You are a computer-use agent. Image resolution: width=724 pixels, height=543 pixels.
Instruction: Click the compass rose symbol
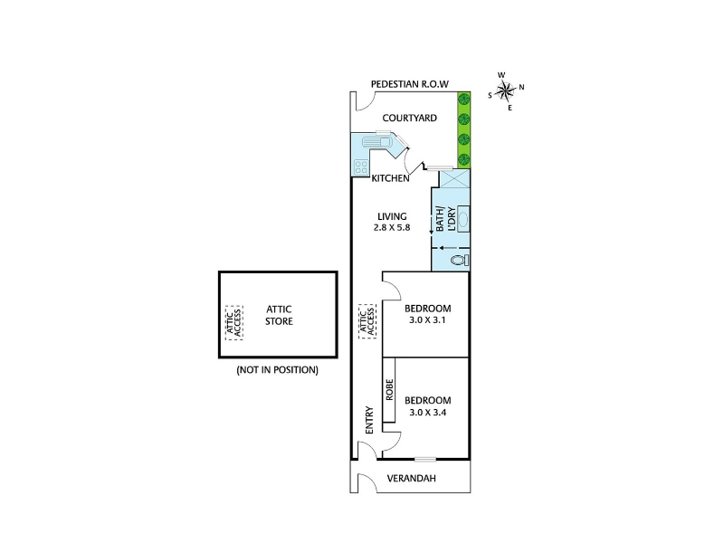click(x=506, y=91)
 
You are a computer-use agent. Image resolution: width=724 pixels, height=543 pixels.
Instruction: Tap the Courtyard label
click(x=410, y=119)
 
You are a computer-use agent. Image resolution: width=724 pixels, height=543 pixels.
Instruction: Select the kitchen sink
click(x=377, y=140)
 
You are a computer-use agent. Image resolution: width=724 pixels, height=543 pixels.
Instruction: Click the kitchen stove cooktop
click(x=361, y=167)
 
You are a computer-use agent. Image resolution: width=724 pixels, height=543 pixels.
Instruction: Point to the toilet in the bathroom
click(x=461, y=260)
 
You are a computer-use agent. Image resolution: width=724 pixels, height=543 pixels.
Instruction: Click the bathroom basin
click(x=463, y=218)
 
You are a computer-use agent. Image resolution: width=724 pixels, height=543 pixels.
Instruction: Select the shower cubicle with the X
click(x=455, y=178)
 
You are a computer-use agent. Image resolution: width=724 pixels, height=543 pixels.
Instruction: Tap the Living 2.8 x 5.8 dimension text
click(x=392, y=228)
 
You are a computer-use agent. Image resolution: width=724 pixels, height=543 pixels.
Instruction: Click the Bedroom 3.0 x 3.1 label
click(x=427, y=314)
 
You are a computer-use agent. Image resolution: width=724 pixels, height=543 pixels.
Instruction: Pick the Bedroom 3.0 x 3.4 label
click(x=427, y=406)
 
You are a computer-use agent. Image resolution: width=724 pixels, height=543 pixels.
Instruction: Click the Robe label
click(x=389, y=390)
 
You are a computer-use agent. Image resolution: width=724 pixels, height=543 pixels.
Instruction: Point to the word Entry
click(x=369, y=420)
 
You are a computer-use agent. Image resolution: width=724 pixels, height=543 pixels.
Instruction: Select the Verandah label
click(x=412, y=479)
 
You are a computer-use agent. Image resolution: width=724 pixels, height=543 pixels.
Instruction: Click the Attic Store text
click(x=279, y=315)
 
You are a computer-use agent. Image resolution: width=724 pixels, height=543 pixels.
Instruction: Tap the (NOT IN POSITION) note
click(x=278, y=370)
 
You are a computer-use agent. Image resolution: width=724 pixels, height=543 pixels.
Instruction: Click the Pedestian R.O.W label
click(x=410, y=84)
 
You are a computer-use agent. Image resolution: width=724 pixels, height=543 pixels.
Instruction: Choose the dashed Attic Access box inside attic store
click(x=234, y=323)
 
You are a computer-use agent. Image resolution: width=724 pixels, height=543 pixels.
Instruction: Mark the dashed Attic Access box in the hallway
click(x=367, y=321)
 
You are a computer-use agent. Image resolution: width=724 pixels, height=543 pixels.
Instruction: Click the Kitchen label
click(x=391, y=178)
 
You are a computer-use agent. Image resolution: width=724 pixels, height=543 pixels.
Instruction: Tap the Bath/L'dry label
click(x=445, y=219)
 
